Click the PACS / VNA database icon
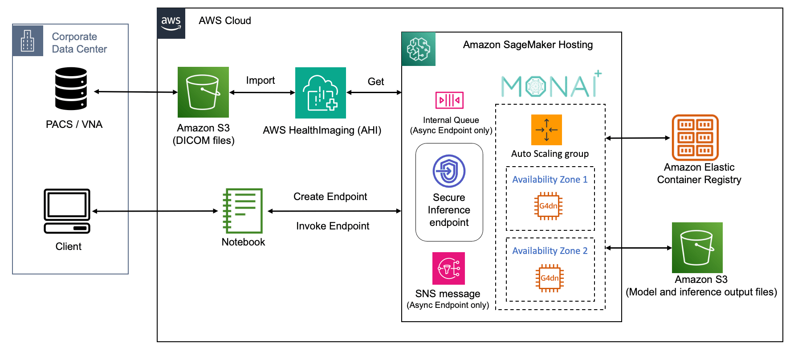pos(71,89)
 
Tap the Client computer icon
pos(67,211)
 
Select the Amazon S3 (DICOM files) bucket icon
pos(203,92)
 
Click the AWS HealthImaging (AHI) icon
pos(321,93)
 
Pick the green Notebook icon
pos(243,211)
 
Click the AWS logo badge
pos(171,23)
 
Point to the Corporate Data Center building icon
pos(28,41)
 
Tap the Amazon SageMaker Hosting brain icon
pos(419,49)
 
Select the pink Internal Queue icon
pos(449,100)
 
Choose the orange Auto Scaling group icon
pos(546,130)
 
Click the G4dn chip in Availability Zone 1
pos(548,206)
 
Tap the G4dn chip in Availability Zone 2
pos(550,278)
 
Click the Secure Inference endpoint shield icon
pos(449,171)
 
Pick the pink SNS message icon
pos(448,268)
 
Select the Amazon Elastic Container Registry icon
pos(695,137)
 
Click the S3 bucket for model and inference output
pos(697,248)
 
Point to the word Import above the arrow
pos(261,80)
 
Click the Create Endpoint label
pos(330,196)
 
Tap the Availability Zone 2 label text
pos(550,251)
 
